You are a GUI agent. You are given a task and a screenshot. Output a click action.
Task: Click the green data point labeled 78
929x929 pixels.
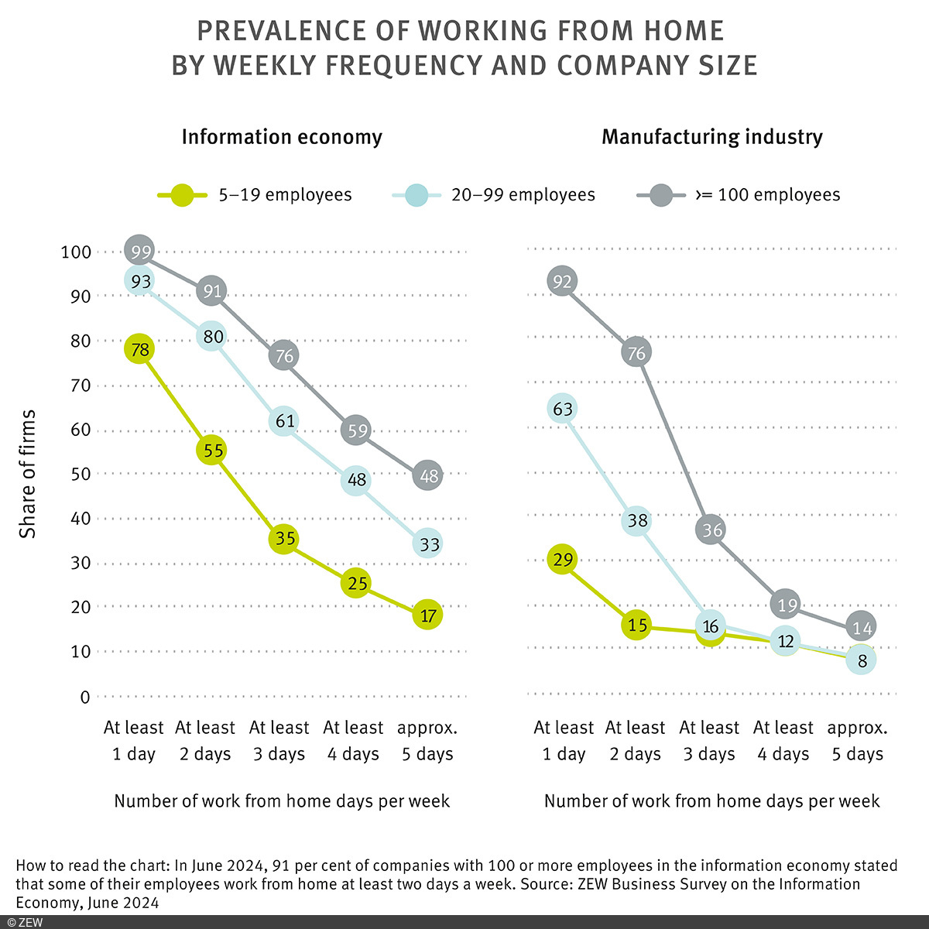pos(140,350)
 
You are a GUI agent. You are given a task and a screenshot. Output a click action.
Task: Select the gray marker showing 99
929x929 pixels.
pos(140,251)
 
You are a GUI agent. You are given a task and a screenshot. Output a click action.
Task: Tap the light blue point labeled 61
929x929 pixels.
pos(284,420)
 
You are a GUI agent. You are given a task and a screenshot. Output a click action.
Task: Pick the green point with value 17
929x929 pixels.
pos(428,615)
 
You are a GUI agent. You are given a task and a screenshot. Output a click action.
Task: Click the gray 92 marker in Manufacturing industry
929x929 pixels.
pos(563,281)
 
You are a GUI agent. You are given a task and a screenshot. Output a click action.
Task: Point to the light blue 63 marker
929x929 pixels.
pos(563,408)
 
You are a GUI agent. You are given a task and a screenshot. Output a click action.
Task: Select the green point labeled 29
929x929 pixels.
pos(563,559)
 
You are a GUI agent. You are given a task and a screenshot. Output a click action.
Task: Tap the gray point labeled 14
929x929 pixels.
pos(861,626)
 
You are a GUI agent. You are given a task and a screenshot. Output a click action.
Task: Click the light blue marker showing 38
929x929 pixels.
pos(636,521)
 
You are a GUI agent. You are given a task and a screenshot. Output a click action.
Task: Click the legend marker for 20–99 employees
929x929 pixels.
pos(416,195)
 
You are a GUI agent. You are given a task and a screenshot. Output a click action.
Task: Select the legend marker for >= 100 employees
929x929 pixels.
pos(661,195)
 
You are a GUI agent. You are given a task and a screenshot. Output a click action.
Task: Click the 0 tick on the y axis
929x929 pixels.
pos(84,697)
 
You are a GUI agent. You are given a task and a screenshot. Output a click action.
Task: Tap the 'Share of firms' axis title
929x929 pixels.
pos(28,474)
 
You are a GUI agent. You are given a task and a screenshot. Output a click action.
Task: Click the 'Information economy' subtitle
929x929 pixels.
pos(282,137)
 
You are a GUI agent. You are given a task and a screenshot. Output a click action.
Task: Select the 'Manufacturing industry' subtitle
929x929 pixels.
pos(711,137)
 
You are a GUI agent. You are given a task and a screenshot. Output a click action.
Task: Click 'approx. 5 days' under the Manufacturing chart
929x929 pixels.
pos(857,741)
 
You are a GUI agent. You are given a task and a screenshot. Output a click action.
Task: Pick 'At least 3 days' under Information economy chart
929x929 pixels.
pos(279,741)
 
